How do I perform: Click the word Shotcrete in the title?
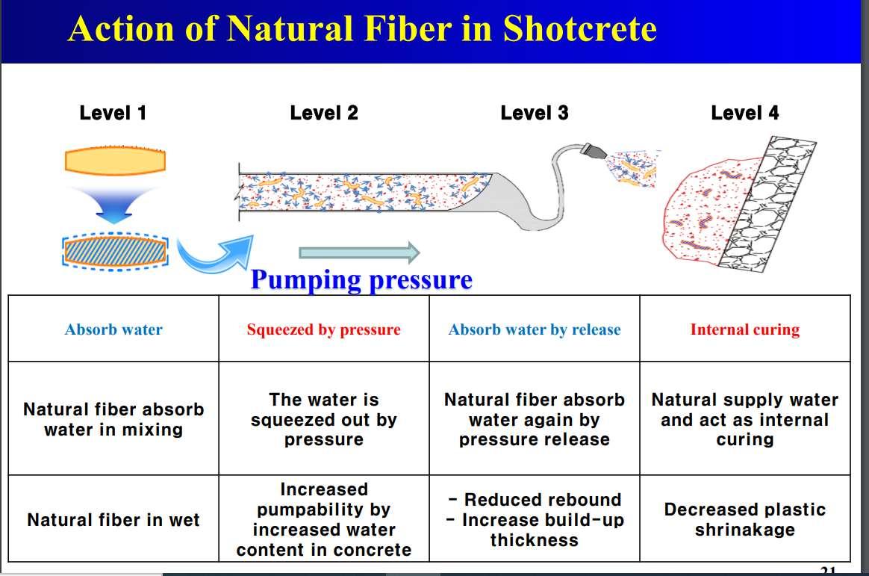pos(579,28)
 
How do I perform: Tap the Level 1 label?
pos(113,114)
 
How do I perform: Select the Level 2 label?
pos(324,114)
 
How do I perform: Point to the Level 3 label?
pos(535,114)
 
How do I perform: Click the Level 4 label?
pos(744,114)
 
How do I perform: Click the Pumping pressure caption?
pos(361,279)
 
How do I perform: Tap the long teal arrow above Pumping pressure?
pos(358,253)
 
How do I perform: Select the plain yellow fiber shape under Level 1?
pos(115,161)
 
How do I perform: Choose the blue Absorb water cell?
pos(113,329)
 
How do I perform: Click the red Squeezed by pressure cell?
pos(323,329)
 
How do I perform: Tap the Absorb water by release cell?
pos(535,329)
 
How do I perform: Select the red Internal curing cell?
pos(744,329)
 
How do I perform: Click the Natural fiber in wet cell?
pos(113,520)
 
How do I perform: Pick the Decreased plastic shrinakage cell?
pos(744,520)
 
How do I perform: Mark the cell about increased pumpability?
pos(323,520)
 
